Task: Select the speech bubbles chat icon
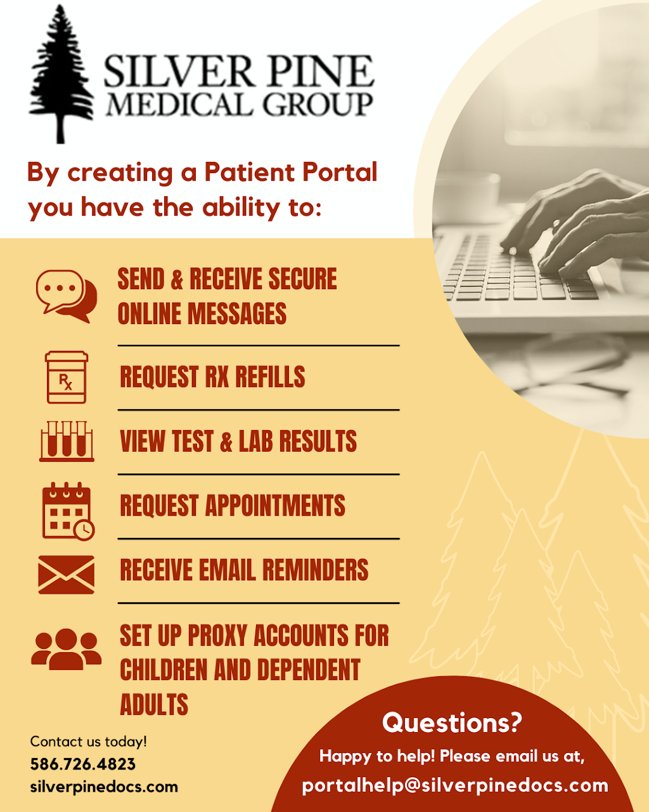pos(66,296)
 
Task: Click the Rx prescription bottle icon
pos(66,377)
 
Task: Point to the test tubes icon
pos(67,441)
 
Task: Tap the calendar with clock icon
pos(67,511)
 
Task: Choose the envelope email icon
pos(66,575)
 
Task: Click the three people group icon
pos(66,648)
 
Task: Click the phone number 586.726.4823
pos(83,764)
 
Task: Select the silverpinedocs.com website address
pos(104,787)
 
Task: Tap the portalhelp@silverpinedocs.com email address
pos(455,785)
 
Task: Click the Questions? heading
pos(452,722)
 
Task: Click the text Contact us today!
pos(89,741)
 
